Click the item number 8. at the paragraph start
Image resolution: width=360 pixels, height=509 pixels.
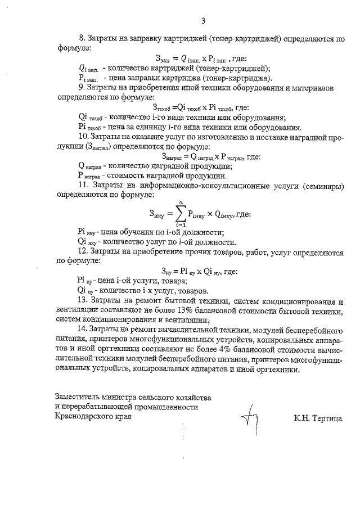82,39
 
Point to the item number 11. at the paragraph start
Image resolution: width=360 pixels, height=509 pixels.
84,184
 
